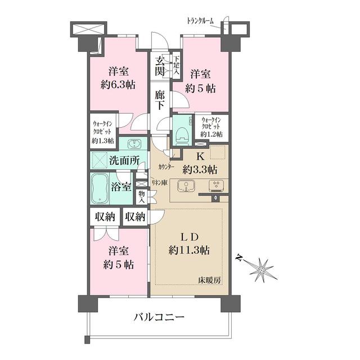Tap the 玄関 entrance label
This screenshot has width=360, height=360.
[160, 66]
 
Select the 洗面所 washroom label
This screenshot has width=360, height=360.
[125, 160]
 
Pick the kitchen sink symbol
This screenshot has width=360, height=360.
[184, 186]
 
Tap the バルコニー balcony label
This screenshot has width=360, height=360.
[159, 318]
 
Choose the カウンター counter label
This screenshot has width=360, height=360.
[165, 167]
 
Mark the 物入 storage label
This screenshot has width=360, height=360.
[142, 197]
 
